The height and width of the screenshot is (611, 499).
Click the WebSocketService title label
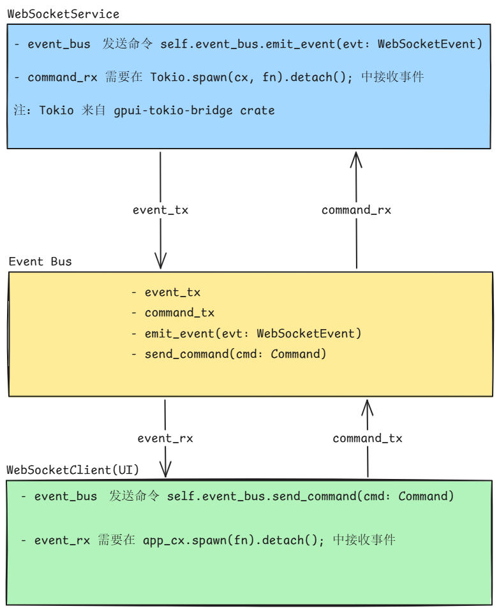pyautogui.click(x=63, y=14)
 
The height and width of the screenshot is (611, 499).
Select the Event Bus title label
pyautogui.click(x=40, y=261)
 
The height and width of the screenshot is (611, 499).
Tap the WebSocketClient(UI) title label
pyautogui.click(x=73, y=470)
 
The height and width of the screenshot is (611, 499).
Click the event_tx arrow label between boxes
pyautogui.click(x=160, y=210)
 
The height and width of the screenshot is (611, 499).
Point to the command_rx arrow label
pyautogui.click(x=356, y=210)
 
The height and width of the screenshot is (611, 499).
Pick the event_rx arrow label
pyautogui.click(x=165, y=438)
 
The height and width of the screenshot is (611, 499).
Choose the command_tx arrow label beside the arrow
pyautogui.click(x=368, y=438)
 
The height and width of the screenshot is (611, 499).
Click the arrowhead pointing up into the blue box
pyautogui.click(x=356, y=158)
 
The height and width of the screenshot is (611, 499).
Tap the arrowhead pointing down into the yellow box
pyautogui.click(x=160, y=261)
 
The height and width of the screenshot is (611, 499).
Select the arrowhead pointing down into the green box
pyautogui.click(x=166, y=471)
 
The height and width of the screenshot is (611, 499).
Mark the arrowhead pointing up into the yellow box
pyautogui.click(x=368, y=406)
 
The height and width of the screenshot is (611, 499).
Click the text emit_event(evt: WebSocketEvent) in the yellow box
pyautogui.click(x=253, y=333)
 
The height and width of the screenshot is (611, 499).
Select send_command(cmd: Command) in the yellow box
pyautogui.click(x=235, y=353)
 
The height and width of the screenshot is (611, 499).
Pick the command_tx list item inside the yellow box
pyautogui.click(x=179, y=313)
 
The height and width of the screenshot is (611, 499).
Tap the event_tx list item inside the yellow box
pyautogui.click(x=172, y=292)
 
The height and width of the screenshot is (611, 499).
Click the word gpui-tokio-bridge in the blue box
pyautogui.click(x=173, y=110)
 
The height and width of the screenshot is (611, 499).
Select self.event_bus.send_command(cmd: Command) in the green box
pyautogui.click(x=310, y=496)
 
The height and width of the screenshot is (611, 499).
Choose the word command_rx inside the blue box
pyautogui.click(x=63, y=77)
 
